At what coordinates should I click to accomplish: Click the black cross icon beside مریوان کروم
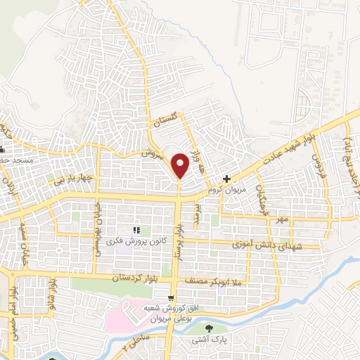(226, 179)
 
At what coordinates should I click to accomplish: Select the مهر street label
(282, 220)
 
